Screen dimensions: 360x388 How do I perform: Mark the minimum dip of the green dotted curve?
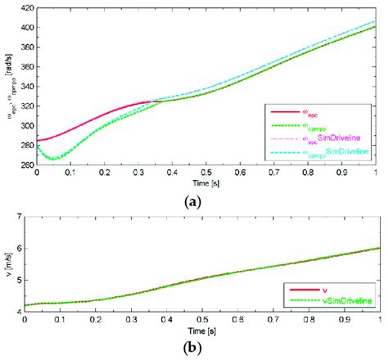[x=51, y=159]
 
